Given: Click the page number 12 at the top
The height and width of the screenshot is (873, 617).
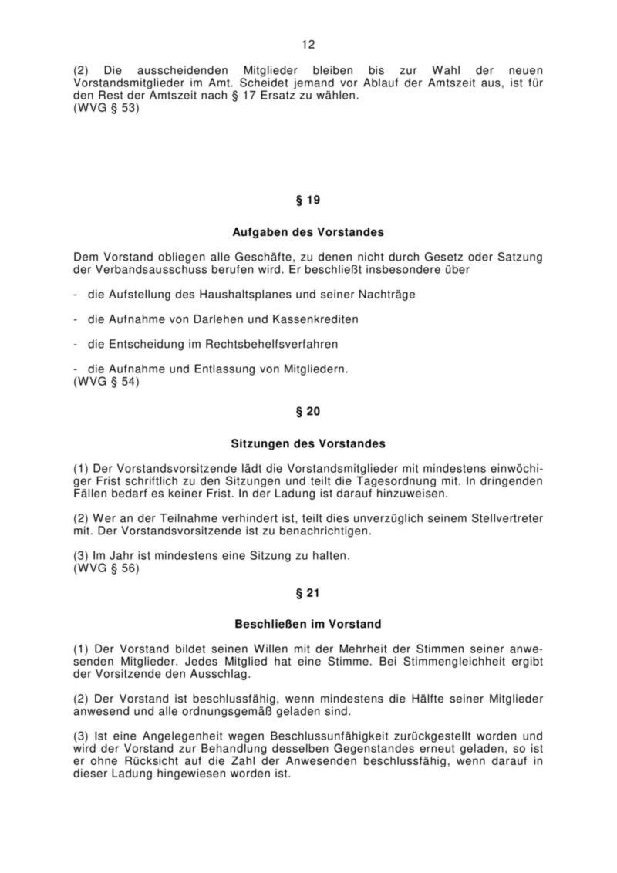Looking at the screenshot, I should click(x=308, y=45).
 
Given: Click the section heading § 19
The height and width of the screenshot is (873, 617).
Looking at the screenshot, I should click(x=308, y=201).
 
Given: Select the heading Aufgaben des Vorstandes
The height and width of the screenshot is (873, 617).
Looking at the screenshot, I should click(x=308, y=231).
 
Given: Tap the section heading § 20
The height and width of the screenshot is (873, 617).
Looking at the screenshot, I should click(x=308, y=413).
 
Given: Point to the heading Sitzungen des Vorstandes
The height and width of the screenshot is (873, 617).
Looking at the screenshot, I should click(x=308, y=443).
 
